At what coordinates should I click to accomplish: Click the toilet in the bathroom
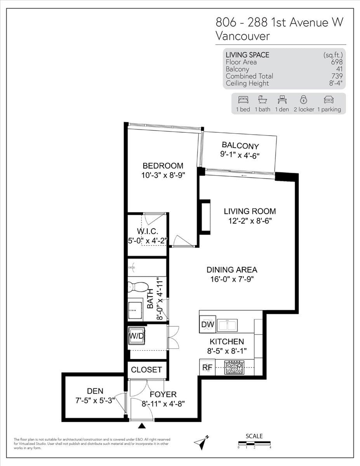137,287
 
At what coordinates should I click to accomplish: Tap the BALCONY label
240,146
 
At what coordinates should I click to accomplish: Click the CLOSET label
146,370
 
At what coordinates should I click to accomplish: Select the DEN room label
95,391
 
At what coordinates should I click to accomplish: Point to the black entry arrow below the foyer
143,426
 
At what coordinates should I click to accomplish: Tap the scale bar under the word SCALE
254,443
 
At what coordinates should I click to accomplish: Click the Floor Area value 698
337,62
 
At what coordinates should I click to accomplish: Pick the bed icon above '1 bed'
243,99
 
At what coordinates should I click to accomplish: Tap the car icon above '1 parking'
329,99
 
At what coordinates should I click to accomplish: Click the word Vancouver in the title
242,36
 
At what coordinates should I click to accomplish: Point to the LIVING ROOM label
250,211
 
